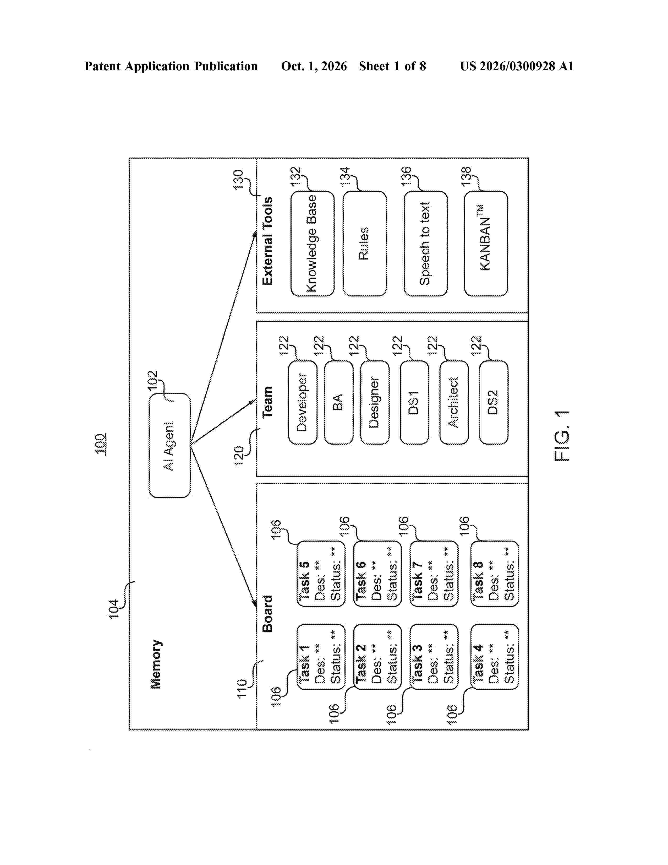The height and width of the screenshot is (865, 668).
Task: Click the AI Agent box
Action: coord(169,445)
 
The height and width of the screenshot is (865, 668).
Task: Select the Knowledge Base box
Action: coord(312,244)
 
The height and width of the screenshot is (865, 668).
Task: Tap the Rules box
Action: coord(364,244)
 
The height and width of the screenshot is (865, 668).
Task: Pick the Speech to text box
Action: coord(425,244)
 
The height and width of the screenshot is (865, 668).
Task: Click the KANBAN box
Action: coord(486,244)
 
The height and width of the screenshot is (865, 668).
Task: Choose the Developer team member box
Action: coord(303,402)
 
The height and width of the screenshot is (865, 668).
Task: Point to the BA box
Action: coord(338,402)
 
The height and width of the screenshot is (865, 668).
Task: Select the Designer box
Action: coord(375,402)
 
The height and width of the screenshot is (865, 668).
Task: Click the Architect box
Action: coord(454,402)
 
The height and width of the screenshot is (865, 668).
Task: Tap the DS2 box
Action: coord(494,402)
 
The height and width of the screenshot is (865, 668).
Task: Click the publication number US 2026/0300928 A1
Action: coord(517,66)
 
